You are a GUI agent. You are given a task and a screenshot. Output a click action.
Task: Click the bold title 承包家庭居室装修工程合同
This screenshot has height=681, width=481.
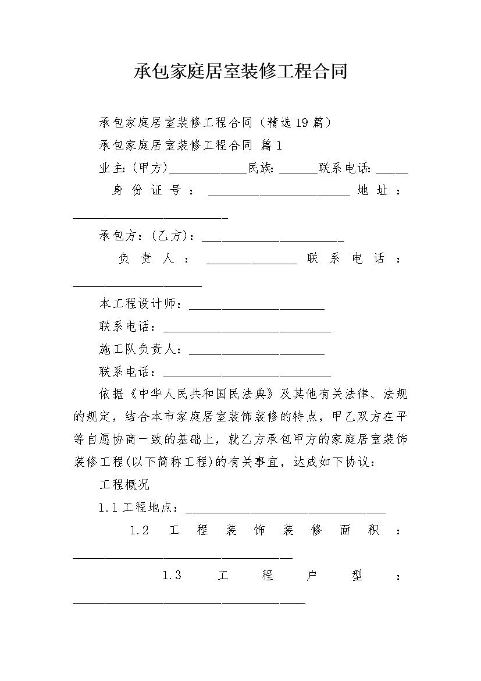pos(241,72)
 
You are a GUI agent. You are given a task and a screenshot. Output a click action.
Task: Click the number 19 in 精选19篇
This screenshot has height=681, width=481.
pos(302,122)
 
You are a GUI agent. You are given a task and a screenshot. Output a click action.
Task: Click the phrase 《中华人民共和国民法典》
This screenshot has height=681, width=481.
pos(202,394)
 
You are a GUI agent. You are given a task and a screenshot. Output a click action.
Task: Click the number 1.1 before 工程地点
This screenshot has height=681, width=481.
pos(108,508)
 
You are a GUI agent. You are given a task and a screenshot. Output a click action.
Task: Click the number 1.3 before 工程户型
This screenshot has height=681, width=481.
pos(172,576)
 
